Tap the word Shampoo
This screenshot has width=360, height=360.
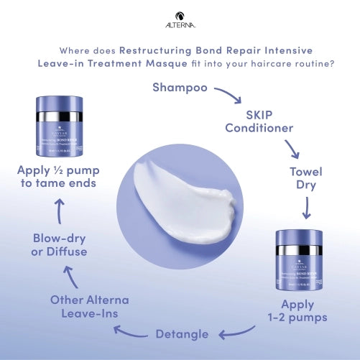[180, 88]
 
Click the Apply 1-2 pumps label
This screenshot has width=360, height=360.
[297, 311]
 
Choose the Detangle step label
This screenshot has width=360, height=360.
[182, 333]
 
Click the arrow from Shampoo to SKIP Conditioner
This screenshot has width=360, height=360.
[228, 96]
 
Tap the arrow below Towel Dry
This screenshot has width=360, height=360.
[307, 208]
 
